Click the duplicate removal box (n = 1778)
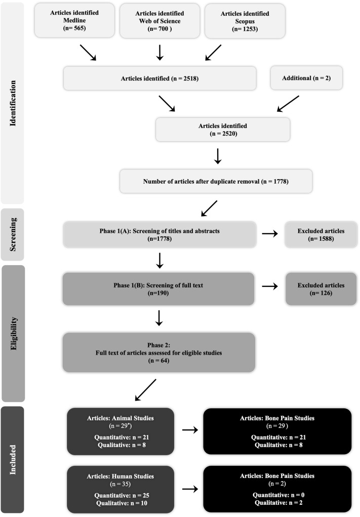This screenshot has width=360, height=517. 216,181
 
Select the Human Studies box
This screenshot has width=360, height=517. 121,489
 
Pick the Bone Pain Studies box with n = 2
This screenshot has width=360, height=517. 277,489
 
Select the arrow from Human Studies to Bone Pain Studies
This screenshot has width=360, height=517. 188,489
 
